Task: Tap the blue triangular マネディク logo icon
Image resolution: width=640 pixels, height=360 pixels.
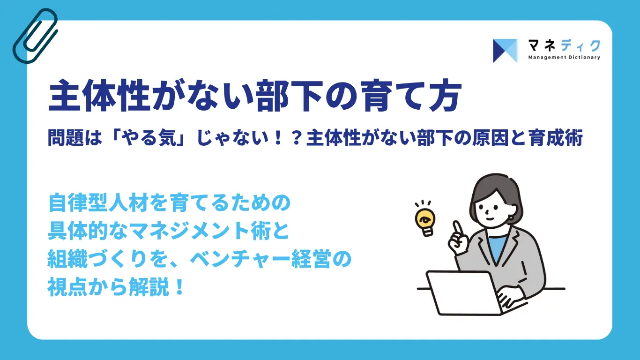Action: pyautogui.click(x=505, y=51)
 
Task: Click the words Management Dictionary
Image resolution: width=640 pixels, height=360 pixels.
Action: pyautogui.click(x=564, y=58)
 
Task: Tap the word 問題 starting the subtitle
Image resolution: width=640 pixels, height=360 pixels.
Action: pyautogui.click(x=66, y=138)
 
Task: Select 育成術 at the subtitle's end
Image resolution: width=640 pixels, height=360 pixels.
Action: pyautogui.click(x=556, y=138)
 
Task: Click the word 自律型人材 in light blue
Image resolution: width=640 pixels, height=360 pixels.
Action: pyautogui.click(x=98, y=202)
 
